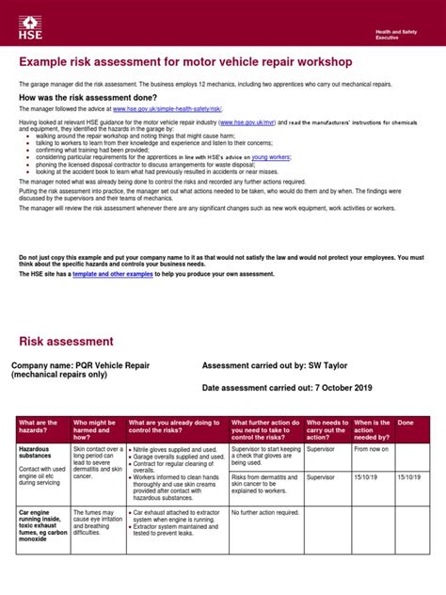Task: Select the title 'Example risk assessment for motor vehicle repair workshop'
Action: pos(185,62)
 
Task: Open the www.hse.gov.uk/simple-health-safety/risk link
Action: pos(167,109)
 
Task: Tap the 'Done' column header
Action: pos(406,424)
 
